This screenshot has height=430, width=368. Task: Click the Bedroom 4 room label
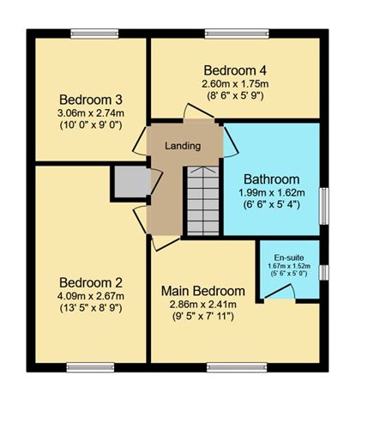(235, 70)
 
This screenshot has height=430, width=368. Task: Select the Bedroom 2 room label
(90, 282)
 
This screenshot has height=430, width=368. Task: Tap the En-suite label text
(288, 257)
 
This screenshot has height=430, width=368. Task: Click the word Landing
(183, 146)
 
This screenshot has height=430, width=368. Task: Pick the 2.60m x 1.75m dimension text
(235, 84)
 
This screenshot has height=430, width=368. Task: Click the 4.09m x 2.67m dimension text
(90, 296)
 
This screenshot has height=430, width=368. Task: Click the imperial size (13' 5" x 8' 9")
(90, 309)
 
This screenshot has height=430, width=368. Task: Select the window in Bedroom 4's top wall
(235, 33)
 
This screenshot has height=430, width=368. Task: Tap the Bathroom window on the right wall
(323, 204)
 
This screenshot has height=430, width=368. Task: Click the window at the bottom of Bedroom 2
(90, 367)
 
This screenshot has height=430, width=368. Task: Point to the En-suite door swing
(280, 294)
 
